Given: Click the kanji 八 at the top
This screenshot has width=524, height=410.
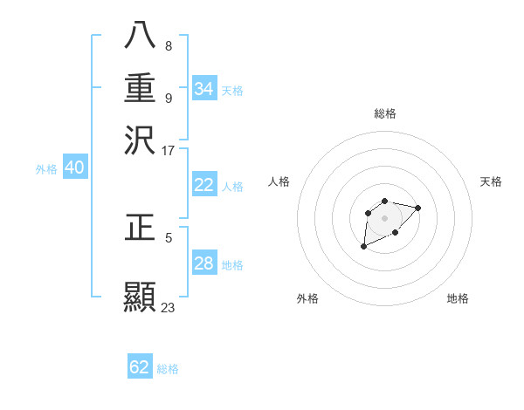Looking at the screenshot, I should (x=140, y=36).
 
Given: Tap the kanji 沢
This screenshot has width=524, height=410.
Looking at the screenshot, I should (x=140, y=139).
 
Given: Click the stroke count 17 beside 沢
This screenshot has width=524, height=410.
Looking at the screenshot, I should (x=169, y=150).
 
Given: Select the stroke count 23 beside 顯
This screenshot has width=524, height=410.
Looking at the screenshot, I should (x=169, y=308).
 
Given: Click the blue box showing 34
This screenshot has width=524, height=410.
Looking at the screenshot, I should (x=204, y=89).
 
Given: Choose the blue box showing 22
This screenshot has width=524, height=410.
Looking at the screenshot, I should (x=204, y=185).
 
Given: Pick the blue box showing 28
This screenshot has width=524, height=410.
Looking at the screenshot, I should (x=204, y=263).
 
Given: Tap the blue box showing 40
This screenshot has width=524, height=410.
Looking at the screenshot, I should (x=74, y=168).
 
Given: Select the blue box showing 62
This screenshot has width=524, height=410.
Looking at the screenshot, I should (x=140, y=367).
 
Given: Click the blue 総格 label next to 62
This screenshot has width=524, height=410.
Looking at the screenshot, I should (x=168, y=369).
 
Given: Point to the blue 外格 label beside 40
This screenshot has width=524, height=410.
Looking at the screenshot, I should (x=46, y=170).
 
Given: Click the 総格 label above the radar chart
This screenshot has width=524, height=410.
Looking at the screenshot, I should (x=384, y=114).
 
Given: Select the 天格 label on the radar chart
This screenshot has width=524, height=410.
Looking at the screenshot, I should (x=492, y=181).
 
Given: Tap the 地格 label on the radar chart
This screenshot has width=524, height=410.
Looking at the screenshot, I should (x=458, y=298).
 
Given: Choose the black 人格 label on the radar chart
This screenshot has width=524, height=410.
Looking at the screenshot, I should (x=279, y=181).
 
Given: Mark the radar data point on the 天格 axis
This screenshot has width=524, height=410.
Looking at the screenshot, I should (x=417, y=208).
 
